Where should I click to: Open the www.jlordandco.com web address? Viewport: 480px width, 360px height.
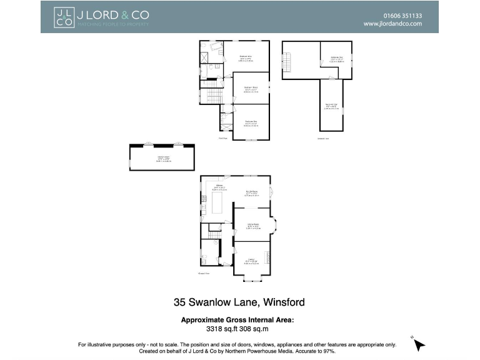pyautogui.click(x=392, y=24)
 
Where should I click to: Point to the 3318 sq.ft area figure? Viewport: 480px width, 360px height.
pyautogui.click(x=221, y=327)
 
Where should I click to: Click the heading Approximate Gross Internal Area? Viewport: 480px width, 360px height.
pyautogui.click(x=237, y=319)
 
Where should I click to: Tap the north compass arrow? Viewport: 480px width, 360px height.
pyautogui.click(x=419, y=344)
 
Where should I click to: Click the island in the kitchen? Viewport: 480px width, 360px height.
pyautogui.click(x=218, y=203)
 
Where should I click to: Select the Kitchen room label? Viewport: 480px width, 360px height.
pyautogui.click(x=219, y=186)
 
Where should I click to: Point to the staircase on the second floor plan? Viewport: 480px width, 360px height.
pyautogui.click(x=288, y=61)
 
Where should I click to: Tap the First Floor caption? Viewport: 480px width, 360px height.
pyautogui.click(x=222, y=138)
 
